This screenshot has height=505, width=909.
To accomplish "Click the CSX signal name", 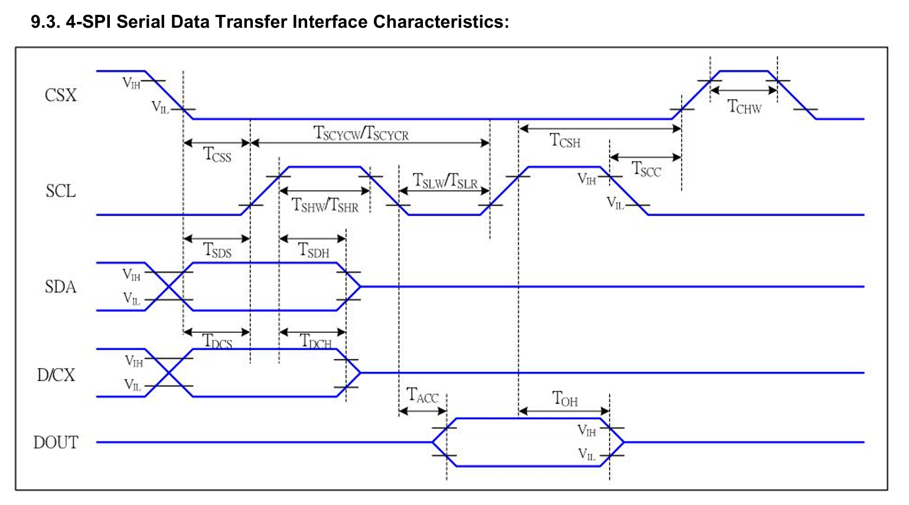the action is pos(61,96).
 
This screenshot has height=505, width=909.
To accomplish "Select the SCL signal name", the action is pos(61,191).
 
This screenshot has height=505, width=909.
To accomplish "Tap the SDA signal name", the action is pos(60,287).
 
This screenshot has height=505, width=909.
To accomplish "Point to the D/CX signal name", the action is pos(56,375).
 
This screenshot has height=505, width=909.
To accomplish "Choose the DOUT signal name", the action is pos(56,442).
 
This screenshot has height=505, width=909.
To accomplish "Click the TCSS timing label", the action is pos(217,155).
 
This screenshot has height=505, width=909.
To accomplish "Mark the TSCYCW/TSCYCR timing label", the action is pos(361,133).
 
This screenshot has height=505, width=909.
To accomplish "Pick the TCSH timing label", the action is pos(565,141).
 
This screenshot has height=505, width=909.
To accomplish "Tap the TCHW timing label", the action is pos(745,106).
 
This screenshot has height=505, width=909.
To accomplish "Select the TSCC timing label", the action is pos(646,169).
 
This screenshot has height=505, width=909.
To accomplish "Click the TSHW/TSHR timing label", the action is pos(325,205).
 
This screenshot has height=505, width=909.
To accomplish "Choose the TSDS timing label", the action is pos(217,250).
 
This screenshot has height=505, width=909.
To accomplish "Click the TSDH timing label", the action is pos(313,250).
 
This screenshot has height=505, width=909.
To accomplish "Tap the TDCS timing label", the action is pos(217,341).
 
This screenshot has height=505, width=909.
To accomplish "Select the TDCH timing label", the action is pos(316,341).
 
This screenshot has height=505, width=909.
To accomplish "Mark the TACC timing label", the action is pos(422,395).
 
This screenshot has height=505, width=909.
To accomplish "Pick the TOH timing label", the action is pos(565,399).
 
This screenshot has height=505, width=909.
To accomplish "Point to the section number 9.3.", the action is pos(45,21).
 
